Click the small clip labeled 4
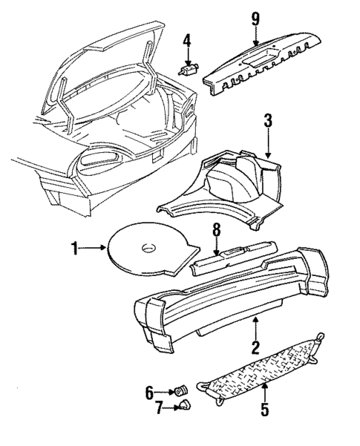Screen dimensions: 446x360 click(x=189, y=68)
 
